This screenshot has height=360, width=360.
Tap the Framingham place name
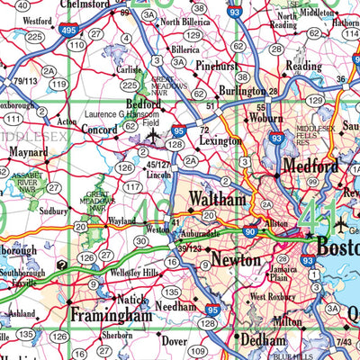(x=112, y=316)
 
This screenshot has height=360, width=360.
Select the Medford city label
(x=310, y=166)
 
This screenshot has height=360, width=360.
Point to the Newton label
(x=237, y=260)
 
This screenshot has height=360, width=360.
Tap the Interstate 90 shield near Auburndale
(x=249, y=232)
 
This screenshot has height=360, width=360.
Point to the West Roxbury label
(x=272, y=296)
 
